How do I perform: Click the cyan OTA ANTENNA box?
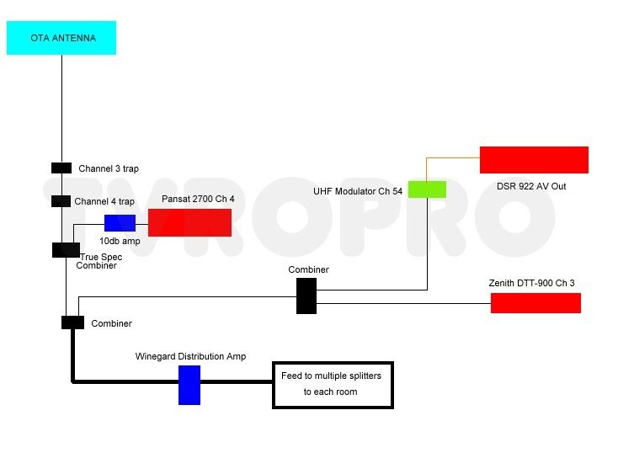point(61,38)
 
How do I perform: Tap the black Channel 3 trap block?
point(61,168)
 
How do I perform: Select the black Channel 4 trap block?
point(61,201)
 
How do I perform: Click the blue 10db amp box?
point(120,223)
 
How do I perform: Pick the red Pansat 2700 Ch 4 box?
point(189,223)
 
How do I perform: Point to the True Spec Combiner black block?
point(66,250)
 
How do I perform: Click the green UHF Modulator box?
point(427,189)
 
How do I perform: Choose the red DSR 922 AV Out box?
point(534,160)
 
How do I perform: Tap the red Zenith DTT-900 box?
point(535,303)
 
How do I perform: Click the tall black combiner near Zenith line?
point(306,296)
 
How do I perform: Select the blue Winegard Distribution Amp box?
point(189,385)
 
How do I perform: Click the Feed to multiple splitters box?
point(333,385)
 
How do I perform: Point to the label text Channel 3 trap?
point(109,168)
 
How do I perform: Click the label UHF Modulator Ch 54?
point(358,191)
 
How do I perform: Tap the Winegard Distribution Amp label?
point(190,356)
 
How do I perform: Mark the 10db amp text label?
point(120,241)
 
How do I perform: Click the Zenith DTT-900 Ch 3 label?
point(531,283)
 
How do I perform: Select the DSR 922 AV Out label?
point(531,186)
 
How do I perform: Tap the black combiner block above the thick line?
point(73,322)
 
